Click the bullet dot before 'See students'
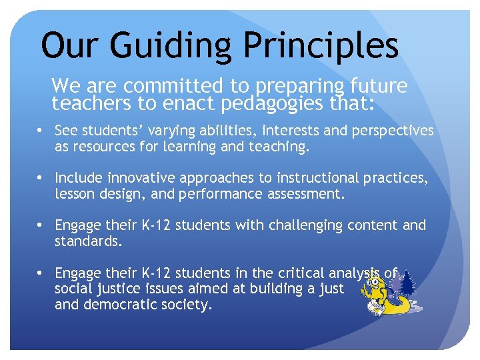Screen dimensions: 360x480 click(41, 130)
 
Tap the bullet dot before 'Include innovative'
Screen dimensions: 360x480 click(41, 178)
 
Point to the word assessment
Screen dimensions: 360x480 click(309, 194)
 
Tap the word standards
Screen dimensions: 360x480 click(88, 241)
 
